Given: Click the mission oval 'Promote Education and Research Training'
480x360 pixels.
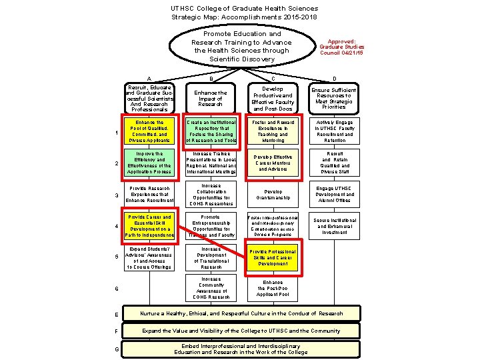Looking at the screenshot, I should [x=241, y=46].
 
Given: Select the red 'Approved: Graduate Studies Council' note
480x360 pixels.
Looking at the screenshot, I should [x=341, y=47].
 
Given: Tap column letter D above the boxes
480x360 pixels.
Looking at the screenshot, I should [x=334, y=78].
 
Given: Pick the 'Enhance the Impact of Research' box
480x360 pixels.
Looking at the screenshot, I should [x=211, y=98].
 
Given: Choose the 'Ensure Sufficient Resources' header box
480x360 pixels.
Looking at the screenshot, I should [x=333, y=98].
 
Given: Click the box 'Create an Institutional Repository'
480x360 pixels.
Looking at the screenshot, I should [x=211, y=131].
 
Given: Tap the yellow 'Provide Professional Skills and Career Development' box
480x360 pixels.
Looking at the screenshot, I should [x=272, y=257].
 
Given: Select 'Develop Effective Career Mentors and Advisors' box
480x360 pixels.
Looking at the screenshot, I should [x=272, y=163].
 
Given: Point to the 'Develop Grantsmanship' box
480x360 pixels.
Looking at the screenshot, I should [x=272, y=195].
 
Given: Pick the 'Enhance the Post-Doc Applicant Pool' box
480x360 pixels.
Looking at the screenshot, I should [x=272, y=289].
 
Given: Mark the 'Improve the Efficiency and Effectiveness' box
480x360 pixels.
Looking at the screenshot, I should [x=149, y=163].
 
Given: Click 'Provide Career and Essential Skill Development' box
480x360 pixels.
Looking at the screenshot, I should [x=149, y=226].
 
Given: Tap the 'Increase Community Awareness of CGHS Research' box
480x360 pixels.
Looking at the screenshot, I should [x=211, y=289].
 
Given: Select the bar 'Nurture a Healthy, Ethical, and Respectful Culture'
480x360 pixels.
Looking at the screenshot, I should [x=241, y=313].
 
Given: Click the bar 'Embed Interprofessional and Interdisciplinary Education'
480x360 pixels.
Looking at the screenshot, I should [x=241, y=349].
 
